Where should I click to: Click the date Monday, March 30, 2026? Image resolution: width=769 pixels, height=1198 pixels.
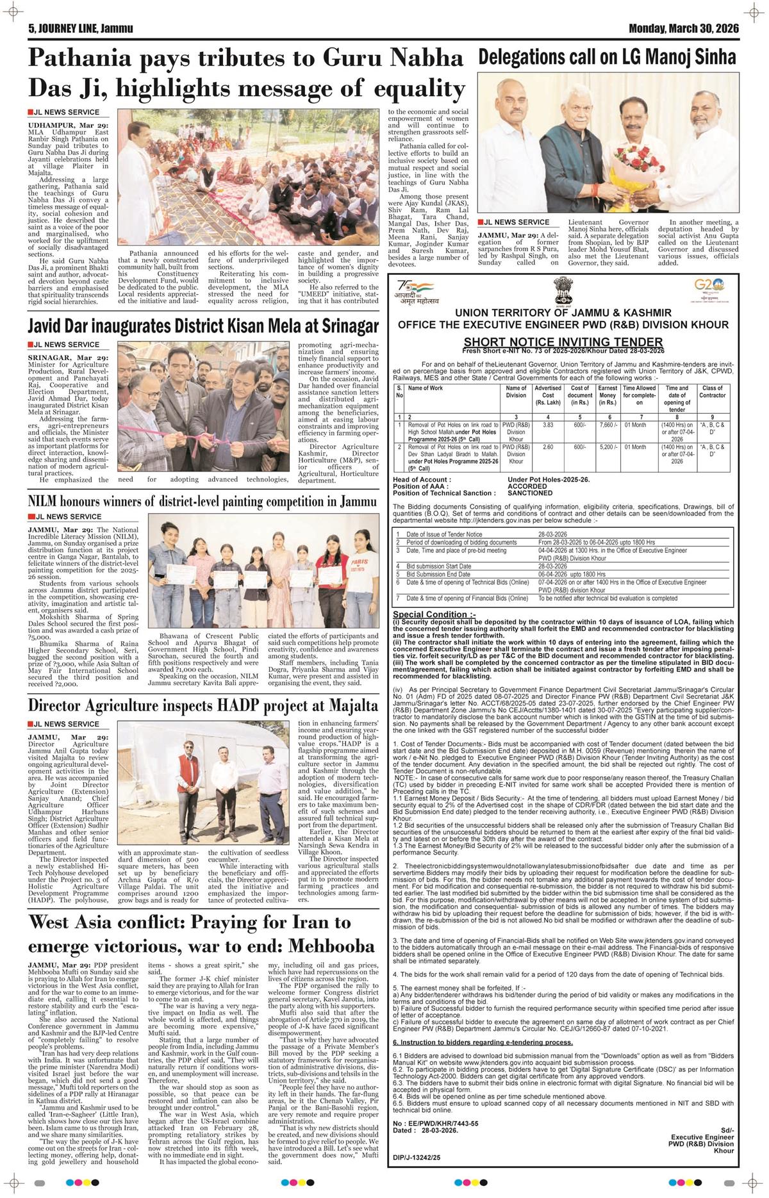tap(684, 28)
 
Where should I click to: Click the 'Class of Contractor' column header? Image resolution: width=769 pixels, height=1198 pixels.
tap(712, 391)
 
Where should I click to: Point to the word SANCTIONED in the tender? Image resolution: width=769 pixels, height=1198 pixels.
tap(530, 493)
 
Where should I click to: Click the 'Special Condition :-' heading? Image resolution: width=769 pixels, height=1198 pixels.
tap(426, 614)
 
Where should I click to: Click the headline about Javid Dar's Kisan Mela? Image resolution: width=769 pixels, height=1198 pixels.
tap(203, 327)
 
